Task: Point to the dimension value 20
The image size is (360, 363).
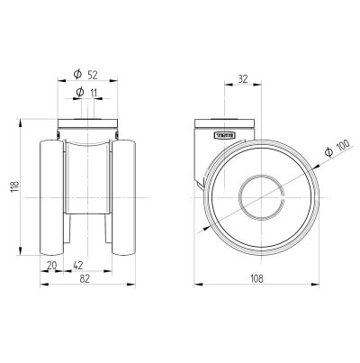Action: click(51, 265)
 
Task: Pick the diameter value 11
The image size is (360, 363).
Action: click(94, 93)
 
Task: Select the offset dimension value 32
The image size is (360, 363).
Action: click(242, 79)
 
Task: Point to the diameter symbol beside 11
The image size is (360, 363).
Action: click(79, 93)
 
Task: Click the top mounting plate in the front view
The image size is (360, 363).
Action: click(88, 125)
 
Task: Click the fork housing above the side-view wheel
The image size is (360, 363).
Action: click(209, 144)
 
